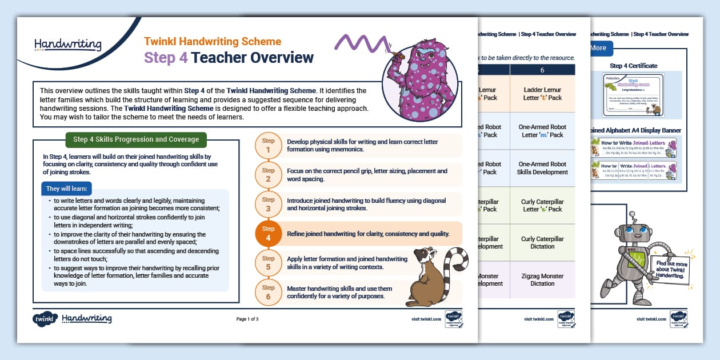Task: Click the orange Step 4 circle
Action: tap(269, 233)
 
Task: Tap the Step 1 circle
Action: tap(269, 146)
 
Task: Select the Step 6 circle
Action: tap(269, 293)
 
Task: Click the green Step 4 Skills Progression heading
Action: tap(136, 139)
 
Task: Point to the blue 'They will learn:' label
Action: tap(67, 189)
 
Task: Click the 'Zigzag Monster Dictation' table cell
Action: tap(542, 279)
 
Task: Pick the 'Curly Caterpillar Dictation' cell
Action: tap(542, 242)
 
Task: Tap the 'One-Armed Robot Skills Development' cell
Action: tap(542, 168)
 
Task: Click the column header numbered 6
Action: tap(542, 69)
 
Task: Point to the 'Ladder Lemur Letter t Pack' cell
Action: tap(542, 94)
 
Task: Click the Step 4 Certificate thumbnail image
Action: tap(633, 95)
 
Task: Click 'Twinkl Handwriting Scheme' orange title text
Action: tap(213, 42)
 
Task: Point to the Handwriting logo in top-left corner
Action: tap(67, 45)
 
